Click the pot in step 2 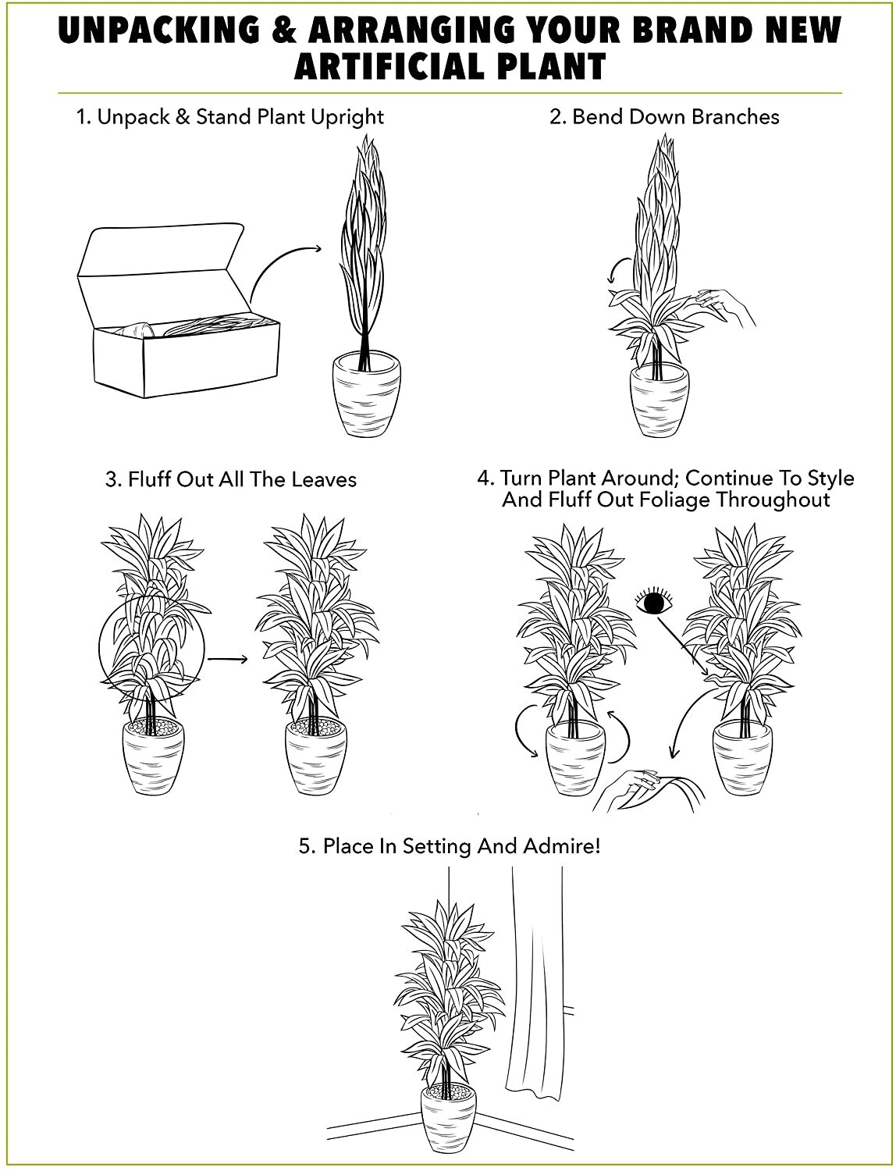tap(660, 403)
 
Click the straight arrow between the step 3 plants tap(227, 660)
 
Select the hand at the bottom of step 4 tap(648, 788)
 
